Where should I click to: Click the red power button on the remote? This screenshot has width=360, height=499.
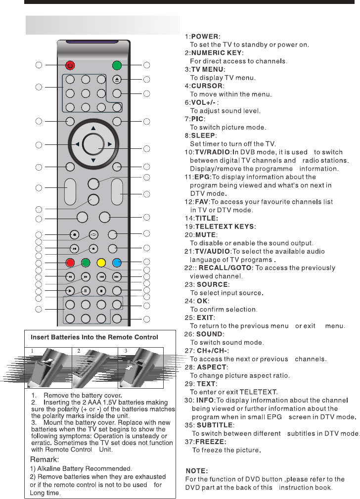coord(70,65)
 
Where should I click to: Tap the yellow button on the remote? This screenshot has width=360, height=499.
coord(101,262)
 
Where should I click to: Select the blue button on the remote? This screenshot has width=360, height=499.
coord(117,262)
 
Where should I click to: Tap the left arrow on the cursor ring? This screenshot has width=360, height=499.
coord(77,144)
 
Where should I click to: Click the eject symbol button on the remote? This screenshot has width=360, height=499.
coord(117,80)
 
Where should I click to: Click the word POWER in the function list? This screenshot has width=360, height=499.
coord(205,37)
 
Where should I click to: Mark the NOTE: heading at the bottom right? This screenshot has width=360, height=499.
coord(196,471)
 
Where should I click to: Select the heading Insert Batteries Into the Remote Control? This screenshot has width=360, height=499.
coord(94,337)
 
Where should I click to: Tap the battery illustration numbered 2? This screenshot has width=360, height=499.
coord(95,368)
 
